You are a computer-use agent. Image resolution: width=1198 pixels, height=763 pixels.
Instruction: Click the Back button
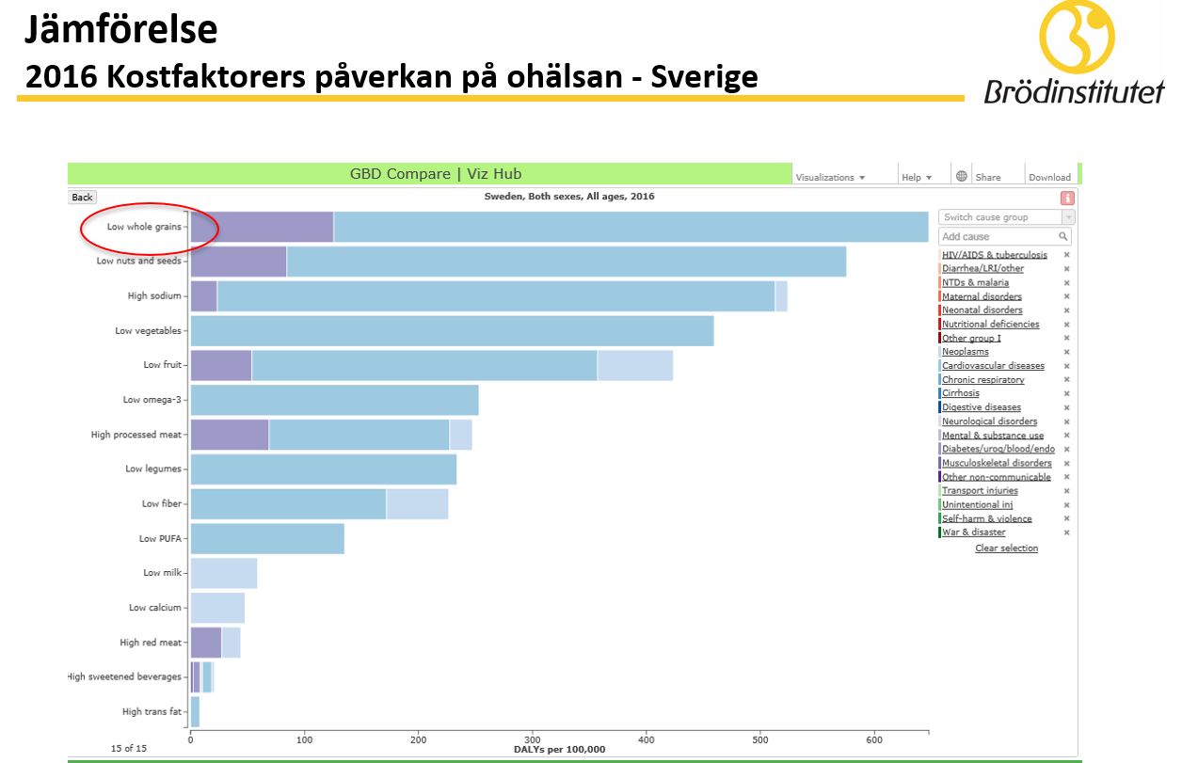click(82, 197)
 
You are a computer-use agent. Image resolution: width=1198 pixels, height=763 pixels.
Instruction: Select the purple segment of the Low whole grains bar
click(262, 227)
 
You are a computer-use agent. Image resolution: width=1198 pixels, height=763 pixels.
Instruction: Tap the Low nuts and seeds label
click(137, 261)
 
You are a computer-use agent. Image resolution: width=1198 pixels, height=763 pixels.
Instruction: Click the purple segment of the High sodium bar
click(203, 295)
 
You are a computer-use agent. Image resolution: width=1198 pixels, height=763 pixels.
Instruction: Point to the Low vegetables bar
click(452, 331)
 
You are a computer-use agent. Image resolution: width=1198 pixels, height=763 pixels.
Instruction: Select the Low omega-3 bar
click(334, 400)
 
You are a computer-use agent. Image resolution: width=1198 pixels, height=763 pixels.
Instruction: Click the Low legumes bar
click(323, 469)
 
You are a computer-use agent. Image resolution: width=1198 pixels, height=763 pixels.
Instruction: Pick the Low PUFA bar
click(267, 538)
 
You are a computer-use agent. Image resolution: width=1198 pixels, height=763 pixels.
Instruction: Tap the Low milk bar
click(223, 573)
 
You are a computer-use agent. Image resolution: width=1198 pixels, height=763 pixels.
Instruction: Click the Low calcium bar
click(217, 608)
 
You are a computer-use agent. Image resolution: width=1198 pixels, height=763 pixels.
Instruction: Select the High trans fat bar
click(195, 712)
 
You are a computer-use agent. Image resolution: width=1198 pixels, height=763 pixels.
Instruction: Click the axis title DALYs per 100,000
click(559, 750)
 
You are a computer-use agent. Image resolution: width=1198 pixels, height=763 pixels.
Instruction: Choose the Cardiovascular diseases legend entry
click(993, 366)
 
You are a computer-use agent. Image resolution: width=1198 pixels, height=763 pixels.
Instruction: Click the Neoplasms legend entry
click(966, 352)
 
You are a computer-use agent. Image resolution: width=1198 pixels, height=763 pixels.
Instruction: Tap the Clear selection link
click(1006, 548)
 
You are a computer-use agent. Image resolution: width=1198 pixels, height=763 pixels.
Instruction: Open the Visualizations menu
click(829, 177)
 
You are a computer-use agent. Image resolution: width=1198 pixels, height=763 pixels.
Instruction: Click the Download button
click(1049, 177)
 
